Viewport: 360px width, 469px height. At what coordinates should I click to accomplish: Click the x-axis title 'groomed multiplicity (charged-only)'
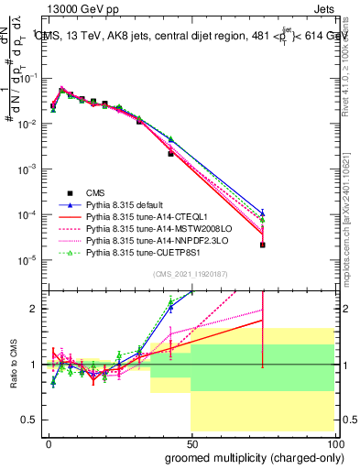[x=250, y=456]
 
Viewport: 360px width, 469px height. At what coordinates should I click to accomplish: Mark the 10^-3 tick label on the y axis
[x=27, y=169]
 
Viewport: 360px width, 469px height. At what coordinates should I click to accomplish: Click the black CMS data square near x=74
[x=263, y=245]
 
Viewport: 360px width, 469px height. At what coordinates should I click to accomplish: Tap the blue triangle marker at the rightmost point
[x=263, y=213]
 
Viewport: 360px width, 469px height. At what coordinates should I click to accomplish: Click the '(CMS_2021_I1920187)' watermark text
[x=191, y=274]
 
